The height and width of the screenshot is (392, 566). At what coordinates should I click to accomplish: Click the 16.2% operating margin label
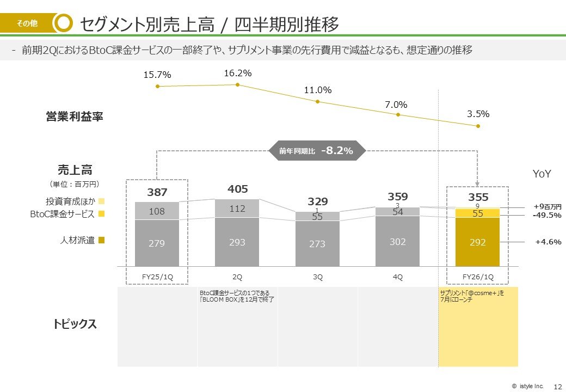pyautogui.click(x=238, y=73)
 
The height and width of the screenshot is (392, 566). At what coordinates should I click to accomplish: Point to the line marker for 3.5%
pyautogui.click(x=478, y=126)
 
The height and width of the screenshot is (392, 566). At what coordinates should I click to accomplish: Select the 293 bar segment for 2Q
pyautogui.click(x=237, y=242)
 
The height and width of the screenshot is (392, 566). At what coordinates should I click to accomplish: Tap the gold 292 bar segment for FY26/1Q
pyautogui.click(x=478, y=242)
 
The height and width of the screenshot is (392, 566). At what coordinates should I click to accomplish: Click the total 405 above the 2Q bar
pyautogui.click(x=238, y=189)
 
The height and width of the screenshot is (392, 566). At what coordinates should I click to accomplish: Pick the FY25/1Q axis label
pyautogui.click(x=157, y=277)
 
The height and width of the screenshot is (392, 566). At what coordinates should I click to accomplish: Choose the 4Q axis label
pyautogui.click(x=398, y=277)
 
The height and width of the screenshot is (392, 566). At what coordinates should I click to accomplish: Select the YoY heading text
pyautogui.click(x=542, y=174)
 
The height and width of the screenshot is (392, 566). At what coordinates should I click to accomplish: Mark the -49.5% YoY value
pyautogui.click(x=546, y=215)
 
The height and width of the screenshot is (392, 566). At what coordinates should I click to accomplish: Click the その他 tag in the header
pyautogui.click(x=27, y=23)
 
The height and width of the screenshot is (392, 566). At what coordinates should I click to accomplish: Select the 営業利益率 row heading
pyautogui.click(x=75, y=117)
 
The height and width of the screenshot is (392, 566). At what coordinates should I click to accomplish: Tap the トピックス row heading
pyautogui.click(x=75, y=324)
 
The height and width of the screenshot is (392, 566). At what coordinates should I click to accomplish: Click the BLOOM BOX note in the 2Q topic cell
pyautogui.click(x=237, y=296)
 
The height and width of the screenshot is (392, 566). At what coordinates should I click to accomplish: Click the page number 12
pyautogui.click(x=557, y=386)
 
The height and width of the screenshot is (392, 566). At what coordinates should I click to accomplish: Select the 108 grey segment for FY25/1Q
pyautogui.click(x=157, y=211)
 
